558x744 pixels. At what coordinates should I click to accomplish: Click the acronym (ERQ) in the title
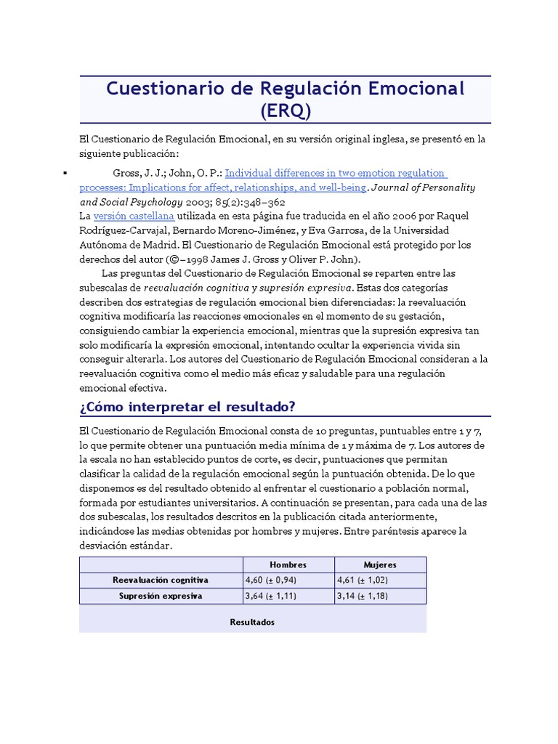[x=285, y=110]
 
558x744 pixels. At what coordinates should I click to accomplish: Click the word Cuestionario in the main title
[x=159, y=89]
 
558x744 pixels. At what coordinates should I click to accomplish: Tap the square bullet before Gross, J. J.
[x=65, y=173]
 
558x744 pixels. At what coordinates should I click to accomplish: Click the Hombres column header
[x=288, y=565]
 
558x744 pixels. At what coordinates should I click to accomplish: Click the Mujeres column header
[x=380, y=565]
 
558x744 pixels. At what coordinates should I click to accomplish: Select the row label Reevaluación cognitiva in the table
[x=161, y=580]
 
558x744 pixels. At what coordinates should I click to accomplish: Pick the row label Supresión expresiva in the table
[x=161, y=596]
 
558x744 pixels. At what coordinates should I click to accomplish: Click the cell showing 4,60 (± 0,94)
[x=271, y=580]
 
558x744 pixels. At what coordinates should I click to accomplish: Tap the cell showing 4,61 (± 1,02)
[x=364, y=580]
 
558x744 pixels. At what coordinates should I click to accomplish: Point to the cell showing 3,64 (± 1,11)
[x=271, y=596]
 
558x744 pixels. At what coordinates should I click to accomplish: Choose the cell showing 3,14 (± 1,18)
[x=364, y=596]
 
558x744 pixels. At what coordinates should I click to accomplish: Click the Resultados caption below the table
[x=252, y=623]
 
